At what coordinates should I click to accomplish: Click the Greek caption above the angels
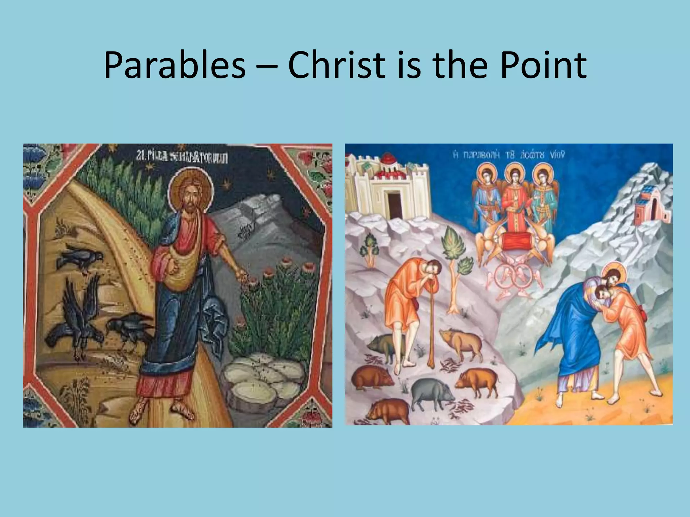[x=509, y=156]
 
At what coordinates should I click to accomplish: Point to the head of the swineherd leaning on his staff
[x=432, y=269]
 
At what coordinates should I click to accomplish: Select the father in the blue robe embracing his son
[x=573, y=340]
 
